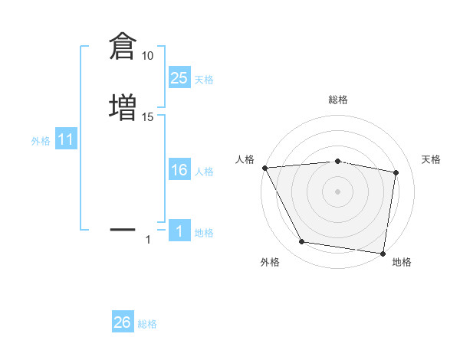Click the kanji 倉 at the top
(123, 47)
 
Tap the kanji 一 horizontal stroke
(123, 229)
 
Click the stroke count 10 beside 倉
(148, 56)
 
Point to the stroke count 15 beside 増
(148, 116)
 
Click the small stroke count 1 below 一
(148, 240)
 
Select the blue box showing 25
(179, 78)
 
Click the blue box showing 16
(179, 170)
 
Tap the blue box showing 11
(66, 140)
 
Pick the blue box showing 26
(123, 322)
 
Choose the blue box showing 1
(179, 231)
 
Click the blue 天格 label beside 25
(204, 80)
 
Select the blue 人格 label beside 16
(204, 172)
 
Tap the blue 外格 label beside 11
(41, 141)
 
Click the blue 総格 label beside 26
(147, 324)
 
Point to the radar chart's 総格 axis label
(338, 100)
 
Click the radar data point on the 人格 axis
(264, 168)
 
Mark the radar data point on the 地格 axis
(383, 253)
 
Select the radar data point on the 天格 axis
(396, 173)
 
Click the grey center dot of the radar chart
(338, 191)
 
